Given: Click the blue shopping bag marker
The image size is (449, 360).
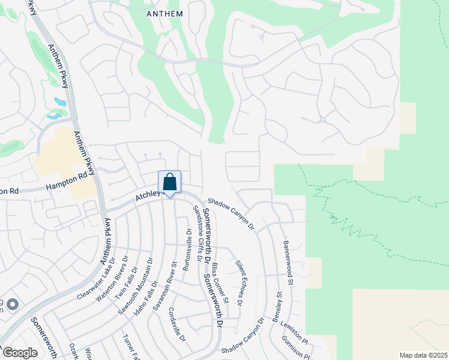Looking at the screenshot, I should [x=169, y=182].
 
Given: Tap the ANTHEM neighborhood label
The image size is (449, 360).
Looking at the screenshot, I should [x=165, y=13].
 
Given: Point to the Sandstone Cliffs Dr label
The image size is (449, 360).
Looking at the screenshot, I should [x=195, y=230].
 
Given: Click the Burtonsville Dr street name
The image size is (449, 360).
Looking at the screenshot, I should [x=188, y=249].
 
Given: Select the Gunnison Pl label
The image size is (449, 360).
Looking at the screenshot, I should [x=296, y=346].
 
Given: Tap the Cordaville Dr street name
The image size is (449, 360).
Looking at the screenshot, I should [x=176, y=324].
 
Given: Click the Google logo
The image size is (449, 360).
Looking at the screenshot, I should [x=20, y=353].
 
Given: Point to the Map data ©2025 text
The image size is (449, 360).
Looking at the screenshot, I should [x=423, y=355].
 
